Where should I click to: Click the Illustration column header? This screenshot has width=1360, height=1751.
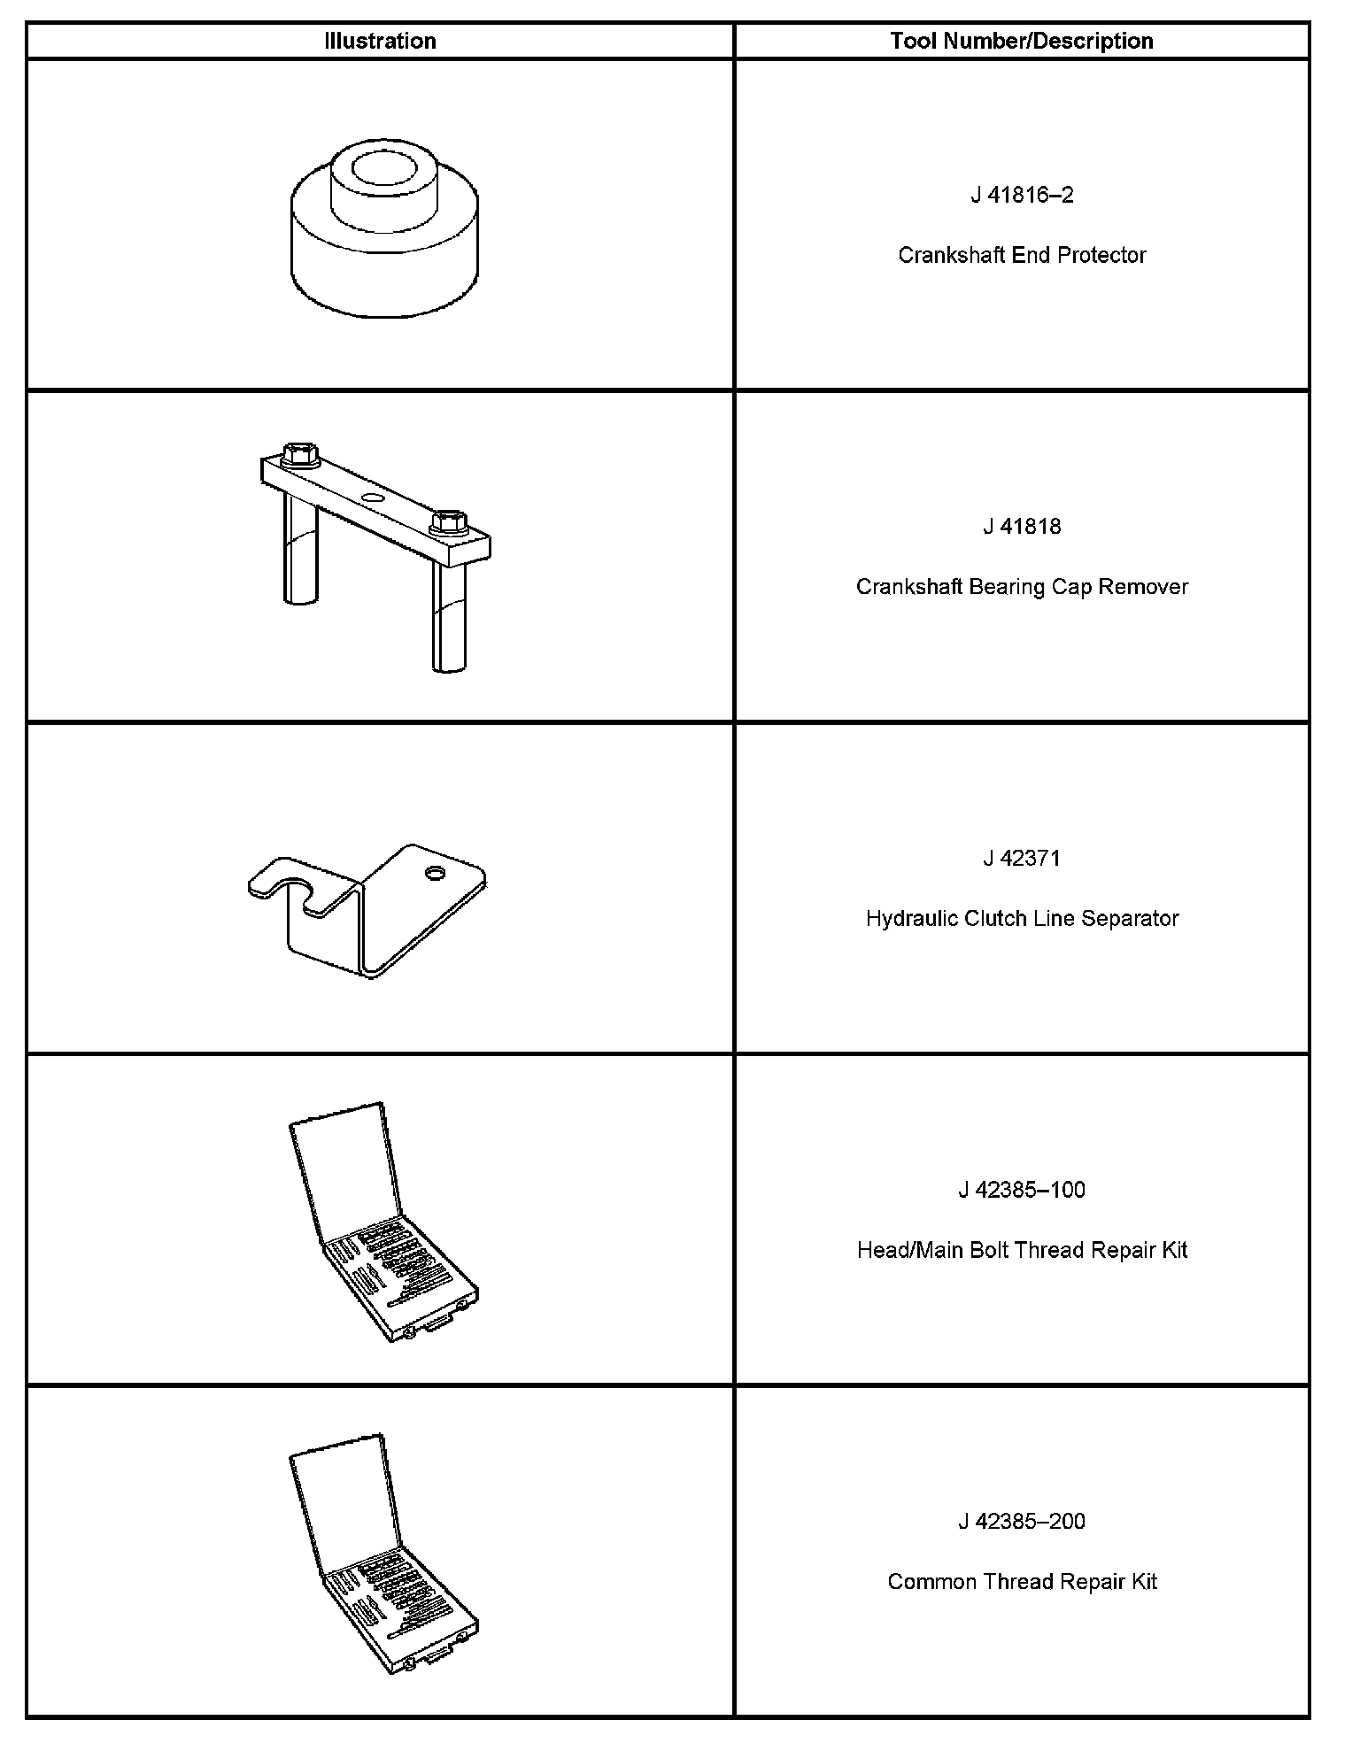380,41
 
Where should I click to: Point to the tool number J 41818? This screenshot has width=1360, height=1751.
1022,527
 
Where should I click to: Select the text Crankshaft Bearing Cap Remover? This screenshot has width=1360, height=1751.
1022,587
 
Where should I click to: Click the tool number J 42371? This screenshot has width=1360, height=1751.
1022,858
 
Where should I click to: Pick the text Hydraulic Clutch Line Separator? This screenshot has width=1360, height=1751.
1022,918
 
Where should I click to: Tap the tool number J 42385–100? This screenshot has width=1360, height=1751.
1022,1189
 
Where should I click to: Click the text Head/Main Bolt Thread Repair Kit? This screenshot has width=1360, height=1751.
1022,1250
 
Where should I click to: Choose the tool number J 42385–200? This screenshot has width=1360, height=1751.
1022,1521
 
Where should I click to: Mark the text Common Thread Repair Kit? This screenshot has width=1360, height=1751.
1022,1581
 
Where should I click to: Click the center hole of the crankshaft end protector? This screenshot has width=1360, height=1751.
385,167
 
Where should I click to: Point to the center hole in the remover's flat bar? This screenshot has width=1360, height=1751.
373,499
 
